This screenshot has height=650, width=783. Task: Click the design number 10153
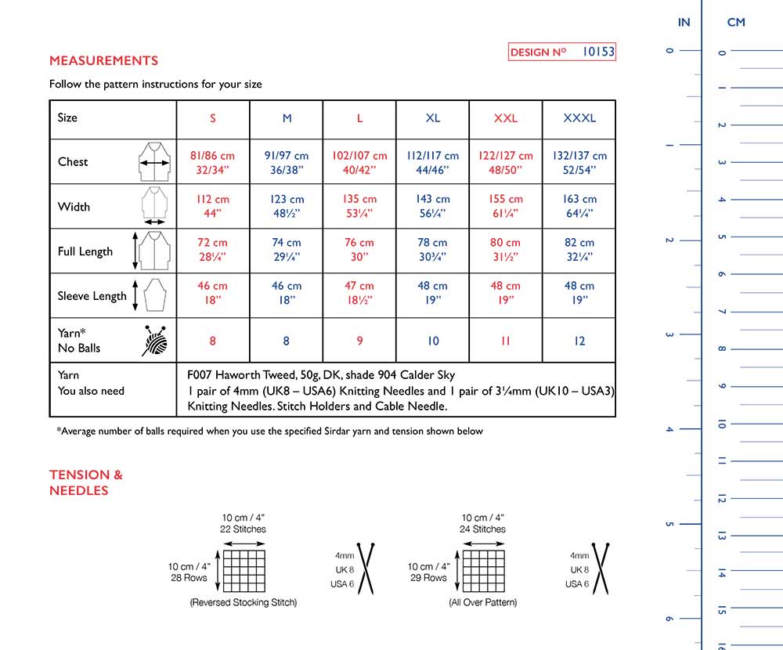click(x=599, y=52)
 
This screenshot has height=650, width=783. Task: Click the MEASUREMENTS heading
click(x=103, y=60)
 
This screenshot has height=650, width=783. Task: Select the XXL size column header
click(x=506, y=118)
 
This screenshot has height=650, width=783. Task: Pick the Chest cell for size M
click(x=287, y=162)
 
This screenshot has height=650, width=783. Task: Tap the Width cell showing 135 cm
click(x=359, y=206)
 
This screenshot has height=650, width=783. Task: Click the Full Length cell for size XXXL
click(x=579, y=250)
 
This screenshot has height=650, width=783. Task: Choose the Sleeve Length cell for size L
click(x=359, y=294)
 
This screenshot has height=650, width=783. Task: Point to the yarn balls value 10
click(x=433, y=341)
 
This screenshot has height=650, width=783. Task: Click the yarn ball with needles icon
click(x=155, y=341)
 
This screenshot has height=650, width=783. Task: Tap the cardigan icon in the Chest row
click(x=155, y=162)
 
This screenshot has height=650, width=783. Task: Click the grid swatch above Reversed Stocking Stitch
click(x=245, y=571)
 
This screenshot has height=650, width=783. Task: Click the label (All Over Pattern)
click(x=482, y=602)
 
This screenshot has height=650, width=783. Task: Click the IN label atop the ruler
click(x=684, y=22)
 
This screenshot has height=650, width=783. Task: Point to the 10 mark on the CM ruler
click(x=721, y=424)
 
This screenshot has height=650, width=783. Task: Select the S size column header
click(x=213, y=118)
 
